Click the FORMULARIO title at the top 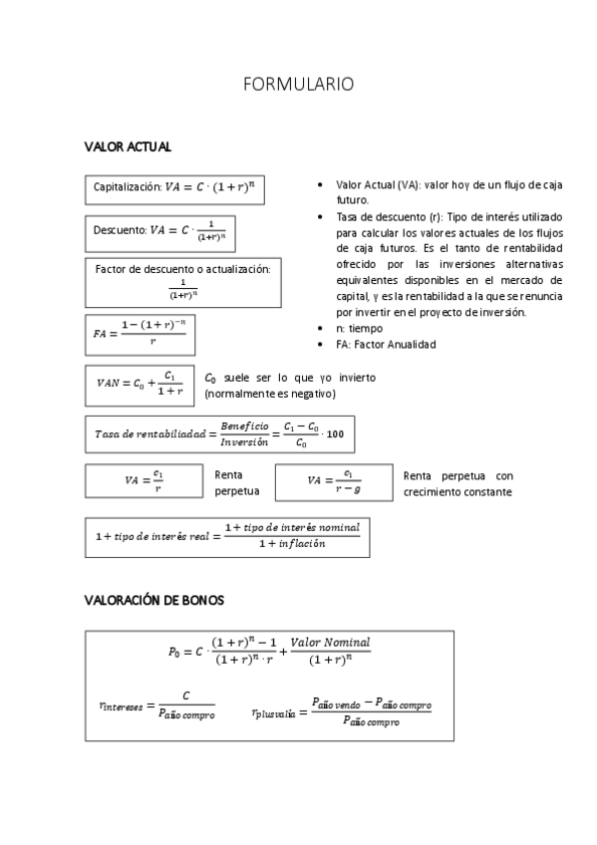pyautogui.click(x=298, y=85)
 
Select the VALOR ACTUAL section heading pyautogui.click(x=128, y=147)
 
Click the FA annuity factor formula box pyautogui.click(x=140, y=334)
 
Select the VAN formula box pyautogui.click(x=140, y=384)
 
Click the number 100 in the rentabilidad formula pyautogui.click(x=335, y=433)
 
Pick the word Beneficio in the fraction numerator pyautogui.click(x=245, y=425)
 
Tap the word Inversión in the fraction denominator pyautogui.click(x=244, y=441)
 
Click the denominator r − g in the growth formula pyautogui.click(x=347, y=488)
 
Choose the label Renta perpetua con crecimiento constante pyautogui.click(x=457, y=483)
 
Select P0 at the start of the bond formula pyautogui.click(x=175, y=652)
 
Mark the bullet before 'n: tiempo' pyautogui.click(x=318, y=328)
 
